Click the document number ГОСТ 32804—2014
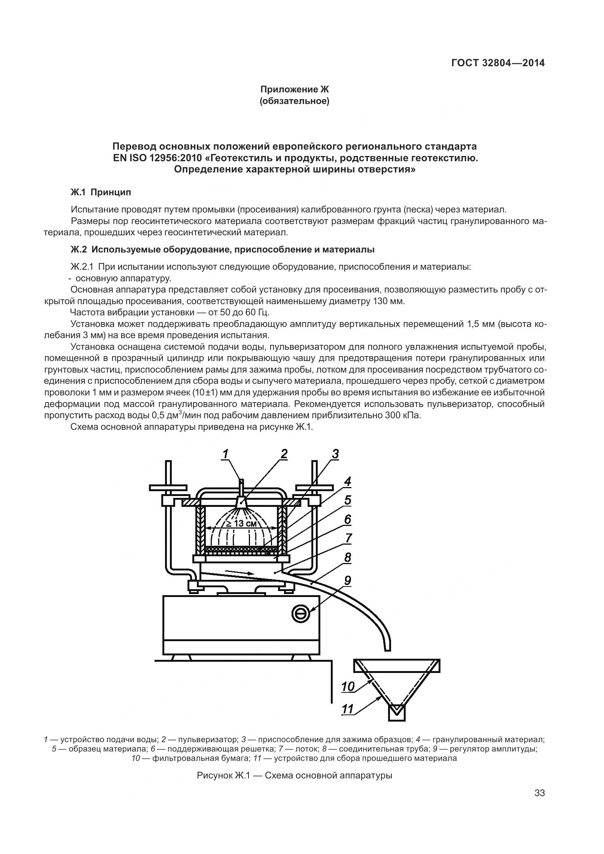point(498,63)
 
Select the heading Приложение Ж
point(294,90)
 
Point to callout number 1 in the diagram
point(226,454)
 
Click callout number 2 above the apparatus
point(284,454)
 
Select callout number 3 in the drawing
point(335,454)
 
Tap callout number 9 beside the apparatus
point(348,580)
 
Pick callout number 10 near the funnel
point(348,686)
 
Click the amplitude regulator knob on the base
point(301,614)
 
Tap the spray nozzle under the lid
point(242,503)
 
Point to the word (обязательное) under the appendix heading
point(294,101)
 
